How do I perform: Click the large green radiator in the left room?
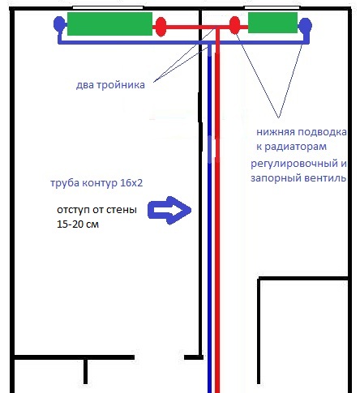(x=109, y=23)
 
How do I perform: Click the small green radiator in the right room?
(x=272, y=23)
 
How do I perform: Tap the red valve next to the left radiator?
(x=161, y=27)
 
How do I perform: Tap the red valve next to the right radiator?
(x=234, y=25)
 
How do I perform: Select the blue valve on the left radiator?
(x=59, y=23)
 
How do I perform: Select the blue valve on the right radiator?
(x=306, y=26)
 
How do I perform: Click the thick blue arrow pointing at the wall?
(x=169, y=211)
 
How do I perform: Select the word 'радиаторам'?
(x=295, y=147)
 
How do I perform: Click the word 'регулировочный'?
(x=294, y=164)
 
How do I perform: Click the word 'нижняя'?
(x=275, y=132)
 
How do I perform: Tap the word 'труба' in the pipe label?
(x=65, y=183)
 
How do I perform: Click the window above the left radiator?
(x=108, y=7)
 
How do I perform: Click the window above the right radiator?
(x=272, y=7)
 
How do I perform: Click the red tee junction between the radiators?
(x=217, y=28)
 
